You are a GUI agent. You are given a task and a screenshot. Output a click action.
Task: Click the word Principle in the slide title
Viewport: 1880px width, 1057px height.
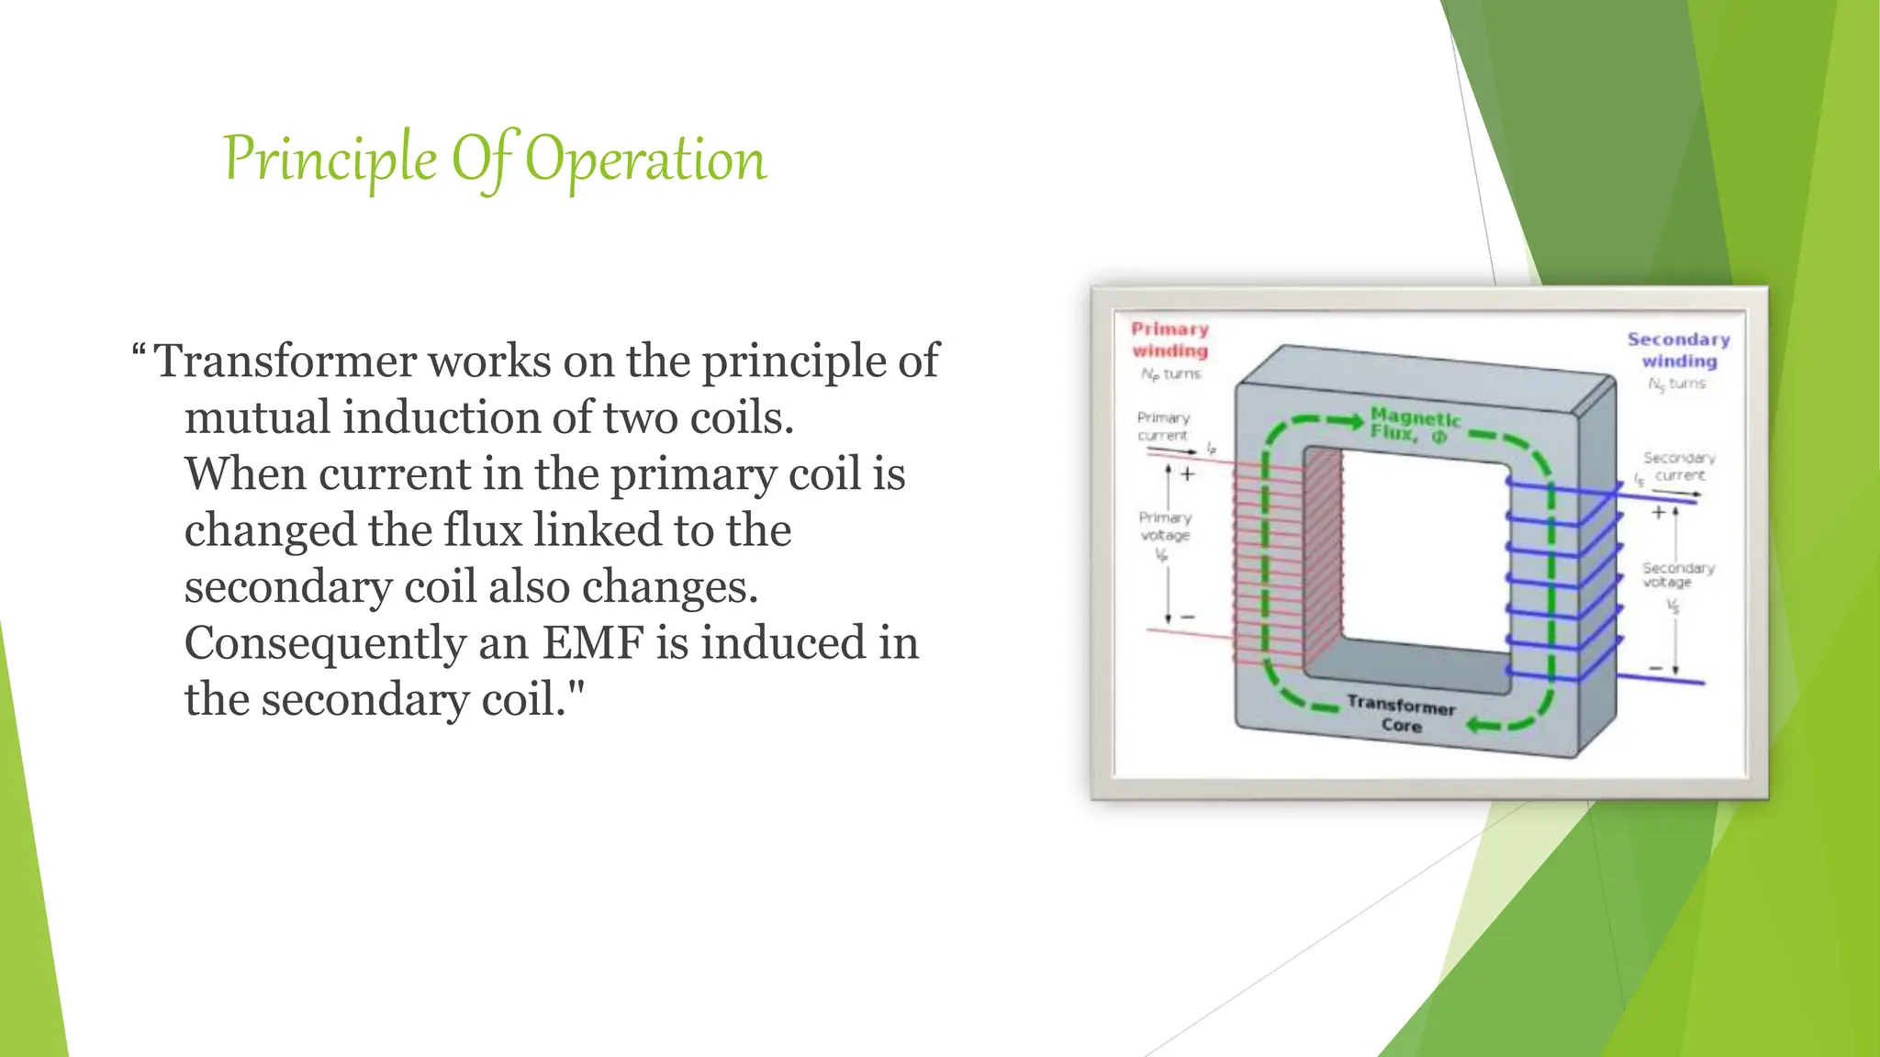(x=330, y=160)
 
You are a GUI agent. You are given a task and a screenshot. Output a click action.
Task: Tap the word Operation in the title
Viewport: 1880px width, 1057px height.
(x=645, y=160)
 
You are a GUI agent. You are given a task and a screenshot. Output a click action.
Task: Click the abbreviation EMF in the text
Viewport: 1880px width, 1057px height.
(x=591, y=642)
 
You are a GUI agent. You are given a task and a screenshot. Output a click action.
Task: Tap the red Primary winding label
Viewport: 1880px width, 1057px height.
(x=1169, y=339)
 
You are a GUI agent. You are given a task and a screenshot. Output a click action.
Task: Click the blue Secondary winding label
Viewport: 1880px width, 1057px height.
(x=1678, y=350)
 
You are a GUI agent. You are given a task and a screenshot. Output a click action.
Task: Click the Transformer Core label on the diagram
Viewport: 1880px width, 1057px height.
(x=1401, y=715)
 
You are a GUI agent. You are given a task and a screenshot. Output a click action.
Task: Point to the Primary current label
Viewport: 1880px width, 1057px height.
(x=1163, y=426)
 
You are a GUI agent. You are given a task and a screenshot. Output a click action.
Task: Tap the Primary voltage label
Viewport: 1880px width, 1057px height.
(x=1165, y=526)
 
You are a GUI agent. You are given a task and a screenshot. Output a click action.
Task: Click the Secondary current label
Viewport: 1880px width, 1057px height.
(x=1679, y=466)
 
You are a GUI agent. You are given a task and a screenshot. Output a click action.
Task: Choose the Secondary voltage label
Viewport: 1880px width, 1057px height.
(x=1677, y=574)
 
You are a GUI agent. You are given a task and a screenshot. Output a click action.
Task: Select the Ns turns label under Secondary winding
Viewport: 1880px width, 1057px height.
(x=1676, y=384)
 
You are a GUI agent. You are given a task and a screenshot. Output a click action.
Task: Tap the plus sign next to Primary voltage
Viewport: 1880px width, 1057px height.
(x=1188, y=474)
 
